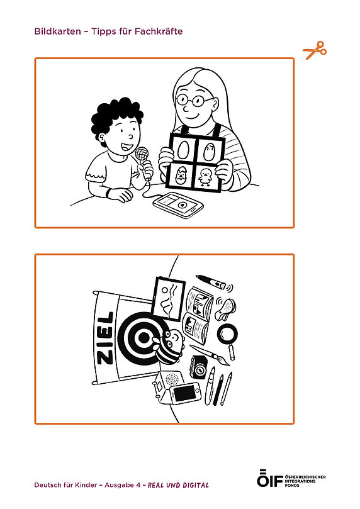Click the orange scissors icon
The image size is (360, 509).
(x=314, y=50)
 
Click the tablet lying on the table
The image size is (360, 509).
(x=178, y=204)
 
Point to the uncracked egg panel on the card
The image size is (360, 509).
(x=183, y=150)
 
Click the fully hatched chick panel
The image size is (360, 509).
(x=206, y=177)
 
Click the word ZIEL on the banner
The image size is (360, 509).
(x=105, y=338)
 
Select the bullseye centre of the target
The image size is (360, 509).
(x=143, y=338)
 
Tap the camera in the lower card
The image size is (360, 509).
(x=199, y=367)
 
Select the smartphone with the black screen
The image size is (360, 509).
(x=186, y=394)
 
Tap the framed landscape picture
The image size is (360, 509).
(x=168, y=299)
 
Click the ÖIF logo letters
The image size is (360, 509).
(x=269, y=478)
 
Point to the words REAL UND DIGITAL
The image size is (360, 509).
(x=178, y=485)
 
